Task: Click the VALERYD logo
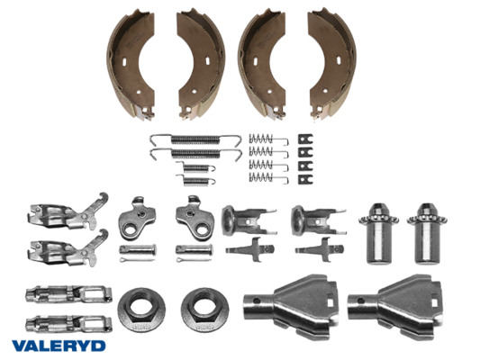coord(59,346)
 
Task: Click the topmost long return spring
coord(195,139)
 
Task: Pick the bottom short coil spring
coord(195,180)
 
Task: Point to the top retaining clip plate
coord(305,139)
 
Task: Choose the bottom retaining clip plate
coord(305,179)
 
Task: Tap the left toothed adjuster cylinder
coord(378,233)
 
